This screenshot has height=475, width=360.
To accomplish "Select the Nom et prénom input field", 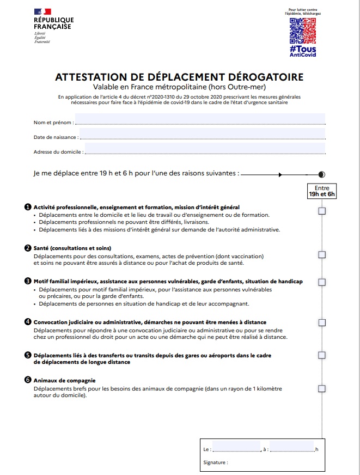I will coord(199,119).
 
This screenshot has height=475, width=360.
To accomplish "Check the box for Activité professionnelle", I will coord(322,211).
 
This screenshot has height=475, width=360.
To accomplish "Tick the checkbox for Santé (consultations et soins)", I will coord(322,254).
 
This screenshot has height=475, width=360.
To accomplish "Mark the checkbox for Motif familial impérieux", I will coord(322,282).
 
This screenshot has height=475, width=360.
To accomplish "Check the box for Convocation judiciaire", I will coord(322,326).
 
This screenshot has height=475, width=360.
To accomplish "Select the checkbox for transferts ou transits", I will coord(322,356).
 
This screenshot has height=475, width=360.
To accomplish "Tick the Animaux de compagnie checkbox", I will coord(322,388).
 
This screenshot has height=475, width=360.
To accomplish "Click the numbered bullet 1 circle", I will coord(28,207).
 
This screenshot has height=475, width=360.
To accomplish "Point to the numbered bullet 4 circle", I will coord(28,322).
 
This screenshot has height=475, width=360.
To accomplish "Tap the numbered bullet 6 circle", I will coord(28,380).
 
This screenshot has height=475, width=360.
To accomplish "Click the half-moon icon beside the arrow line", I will coord(321,174).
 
